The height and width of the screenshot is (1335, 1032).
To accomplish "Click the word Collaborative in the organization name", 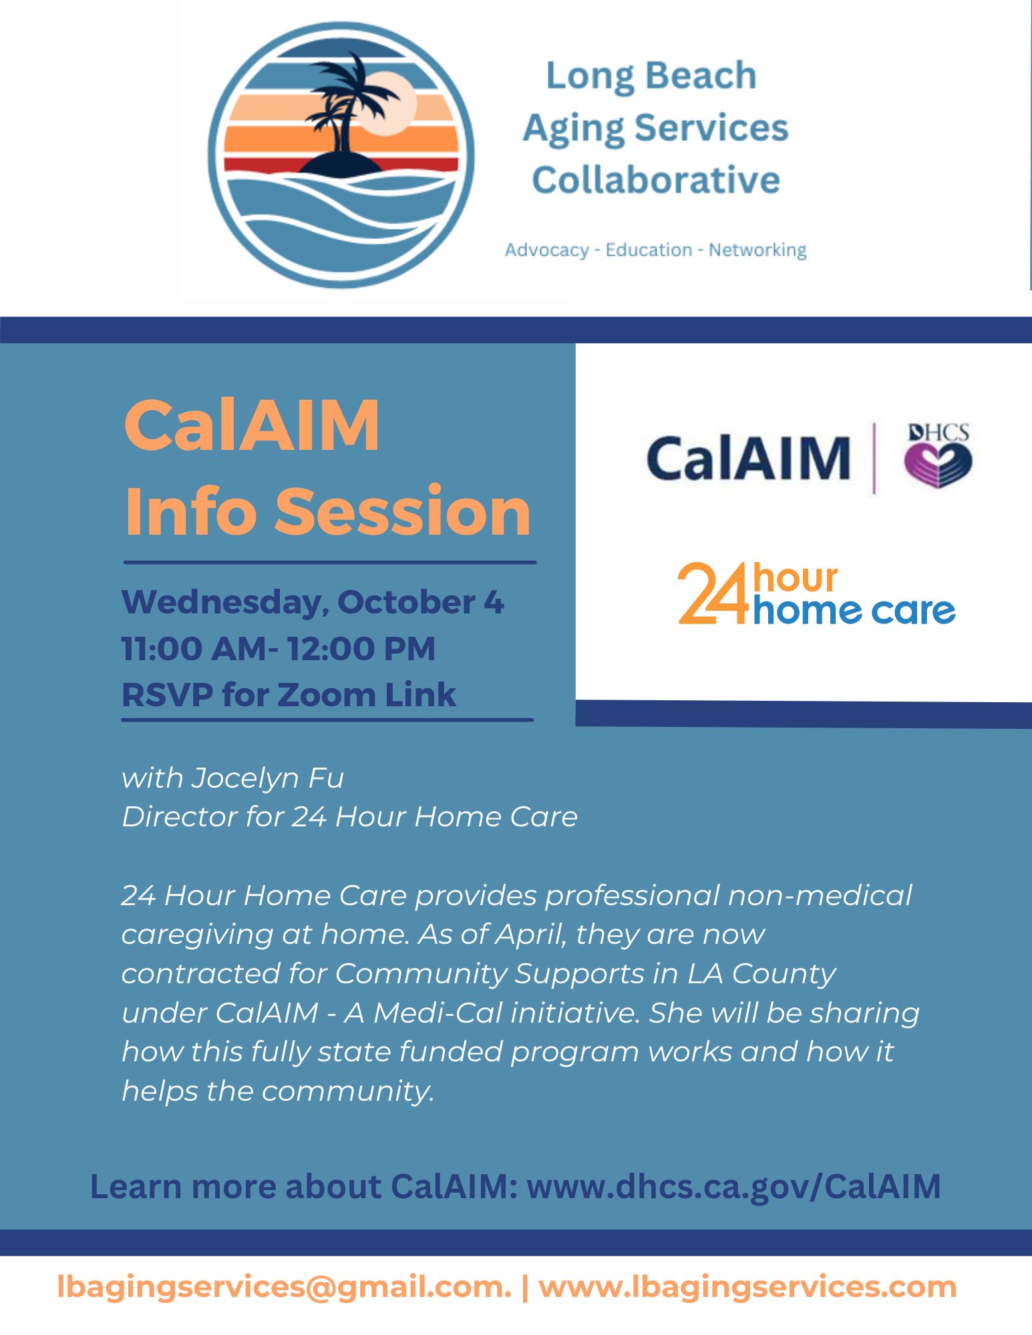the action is [655, 180].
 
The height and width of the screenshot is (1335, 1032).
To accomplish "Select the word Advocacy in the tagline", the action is [547, 250].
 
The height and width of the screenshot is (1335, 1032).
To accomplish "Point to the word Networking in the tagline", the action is [757, 250].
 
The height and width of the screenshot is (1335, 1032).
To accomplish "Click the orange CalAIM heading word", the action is [252, 425].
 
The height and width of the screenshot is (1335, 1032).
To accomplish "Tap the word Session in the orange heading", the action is [402, 511].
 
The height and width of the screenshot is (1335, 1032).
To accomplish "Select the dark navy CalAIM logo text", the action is [747, 458].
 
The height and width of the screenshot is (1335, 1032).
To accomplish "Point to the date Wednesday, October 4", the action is [313, 602].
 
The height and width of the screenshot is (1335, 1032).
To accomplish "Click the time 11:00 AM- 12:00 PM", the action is [279, 648].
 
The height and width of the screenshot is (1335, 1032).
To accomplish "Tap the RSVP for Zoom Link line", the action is [289, 694].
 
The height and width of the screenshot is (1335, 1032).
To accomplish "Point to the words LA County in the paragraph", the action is [761, 974].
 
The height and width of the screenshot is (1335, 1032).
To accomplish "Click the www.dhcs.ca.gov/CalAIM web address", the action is [734, 1186].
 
